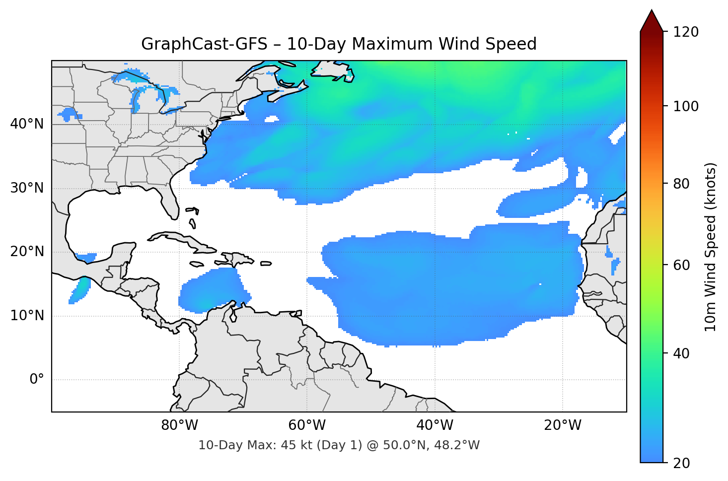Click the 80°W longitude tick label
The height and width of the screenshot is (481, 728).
tap(179, 425)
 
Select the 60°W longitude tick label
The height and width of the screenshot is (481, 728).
tap(307, 425)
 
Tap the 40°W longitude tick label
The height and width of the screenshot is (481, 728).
tap(435, 425)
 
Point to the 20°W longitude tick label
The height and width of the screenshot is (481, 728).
tap(562, 425)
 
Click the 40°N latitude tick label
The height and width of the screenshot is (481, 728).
tap(27, 124)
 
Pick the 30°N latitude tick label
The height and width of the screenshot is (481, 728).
tap(27, 188)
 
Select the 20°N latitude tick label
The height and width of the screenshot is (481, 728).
tap(27, 252)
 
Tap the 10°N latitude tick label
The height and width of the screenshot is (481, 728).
tap(27, 316)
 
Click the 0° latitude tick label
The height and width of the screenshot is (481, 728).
tap(37, 380)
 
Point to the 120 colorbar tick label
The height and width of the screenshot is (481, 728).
tap(686, 32)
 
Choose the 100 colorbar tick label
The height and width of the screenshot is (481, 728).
tap(686, 106)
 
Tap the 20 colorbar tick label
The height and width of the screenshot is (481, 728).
tap(681, 463)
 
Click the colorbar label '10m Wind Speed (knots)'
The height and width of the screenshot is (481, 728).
tap(711, 247)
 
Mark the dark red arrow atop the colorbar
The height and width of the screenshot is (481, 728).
tap(652, 21)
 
